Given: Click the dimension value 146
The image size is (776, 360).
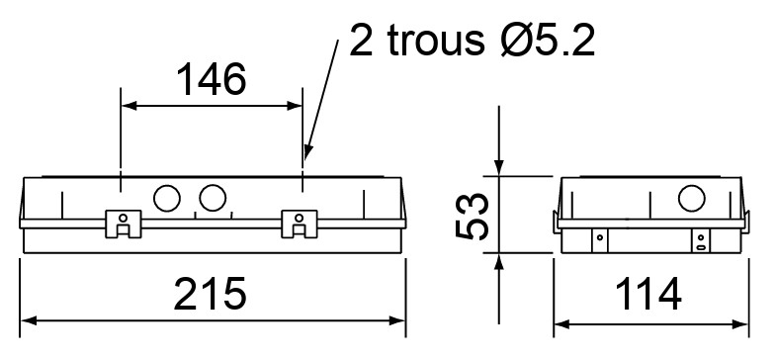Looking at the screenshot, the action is [212, 80].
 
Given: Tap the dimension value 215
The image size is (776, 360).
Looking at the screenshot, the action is [210, 294].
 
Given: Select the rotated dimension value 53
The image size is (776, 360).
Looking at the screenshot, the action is [473, 216].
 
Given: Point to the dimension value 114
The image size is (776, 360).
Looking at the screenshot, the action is [648, 294].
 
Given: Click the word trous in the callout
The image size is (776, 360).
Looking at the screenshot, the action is [436, 40].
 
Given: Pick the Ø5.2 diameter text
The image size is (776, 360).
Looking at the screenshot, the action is [548, 39].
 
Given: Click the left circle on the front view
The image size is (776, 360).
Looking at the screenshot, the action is [167, 198].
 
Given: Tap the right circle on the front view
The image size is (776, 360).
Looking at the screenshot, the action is [213, 198].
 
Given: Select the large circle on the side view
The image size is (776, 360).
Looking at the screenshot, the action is [691, 198].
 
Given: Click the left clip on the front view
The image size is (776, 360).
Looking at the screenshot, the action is [124, 224].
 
